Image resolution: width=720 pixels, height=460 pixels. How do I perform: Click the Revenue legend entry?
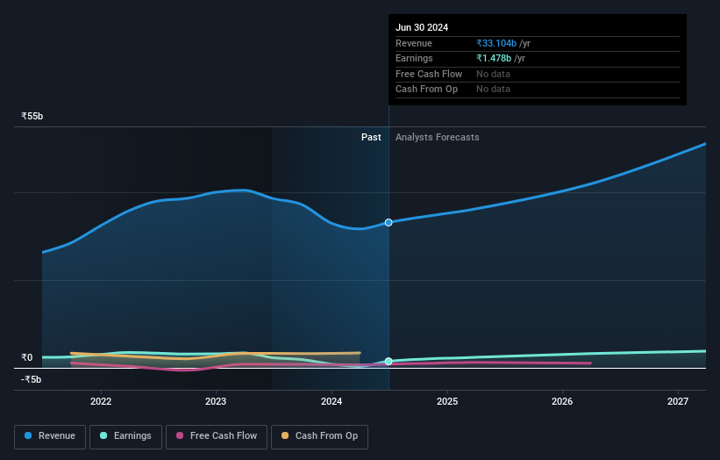50,435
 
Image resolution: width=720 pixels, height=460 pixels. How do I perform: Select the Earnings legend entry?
125,435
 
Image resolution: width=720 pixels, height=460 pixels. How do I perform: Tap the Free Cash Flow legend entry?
217,435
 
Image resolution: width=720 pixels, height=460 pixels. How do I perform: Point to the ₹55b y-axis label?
32,116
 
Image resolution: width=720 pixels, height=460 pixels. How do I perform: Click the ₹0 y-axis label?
26,357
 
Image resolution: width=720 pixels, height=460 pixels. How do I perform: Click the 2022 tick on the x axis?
101,402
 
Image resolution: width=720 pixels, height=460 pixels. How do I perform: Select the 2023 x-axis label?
216,402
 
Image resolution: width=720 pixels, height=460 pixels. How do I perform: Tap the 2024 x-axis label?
331,402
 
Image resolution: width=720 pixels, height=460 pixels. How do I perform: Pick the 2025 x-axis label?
447,402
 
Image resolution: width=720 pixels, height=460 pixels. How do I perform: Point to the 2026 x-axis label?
562,402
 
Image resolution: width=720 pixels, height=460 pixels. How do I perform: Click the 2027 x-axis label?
678,402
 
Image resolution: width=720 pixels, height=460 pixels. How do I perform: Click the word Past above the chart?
371,137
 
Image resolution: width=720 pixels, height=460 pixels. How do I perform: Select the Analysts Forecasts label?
437,137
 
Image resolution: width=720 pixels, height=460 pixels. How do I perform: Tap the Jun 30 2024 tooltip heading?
422,27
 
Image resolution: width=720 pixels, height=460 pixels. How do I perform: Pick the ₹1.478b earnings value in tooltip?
495,58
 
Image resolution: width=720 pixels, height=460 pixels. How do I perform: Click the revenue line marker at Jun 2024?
389,222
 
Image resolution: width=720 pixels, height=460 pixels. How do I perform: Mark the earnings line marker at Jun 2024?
389,361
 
